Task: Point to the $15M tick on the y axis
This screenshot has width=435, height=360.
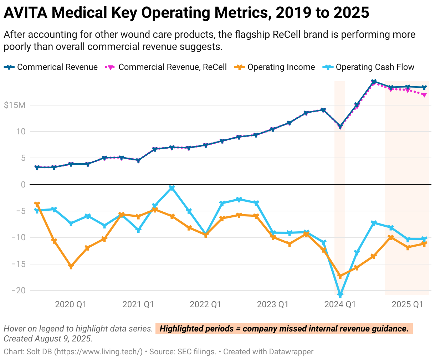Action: [x=15, y=105]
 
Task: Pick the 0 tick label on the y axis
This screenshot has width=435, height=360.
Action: [x=23, y=185]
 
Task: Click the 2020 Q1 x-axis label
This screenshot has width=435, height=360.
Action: [x=71, y=304]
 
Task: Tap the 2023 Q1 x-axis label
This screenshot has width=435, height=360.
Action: [x=273, y=304]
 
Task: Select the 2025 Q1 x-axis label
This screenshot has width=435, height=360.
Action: [x=407, y=304]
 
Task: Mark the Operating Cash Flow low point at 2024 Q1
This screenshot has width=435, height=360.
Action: [x=340, y=294]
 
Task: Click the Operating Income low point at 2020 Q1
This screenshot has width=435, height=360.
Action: [x=71, y=266]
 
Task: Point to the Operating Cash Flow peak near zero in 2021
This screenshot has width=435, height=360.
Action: [x=172, y=188]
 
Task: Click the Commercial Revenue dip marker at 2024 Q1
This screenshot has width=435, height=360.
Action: [x=340, y=127]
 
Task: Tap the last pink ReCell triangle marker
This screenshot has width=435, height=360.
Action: [x=424, y=95]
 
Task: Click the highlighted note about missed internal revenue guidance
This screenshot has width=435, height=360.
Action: [x=284, y=329]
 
